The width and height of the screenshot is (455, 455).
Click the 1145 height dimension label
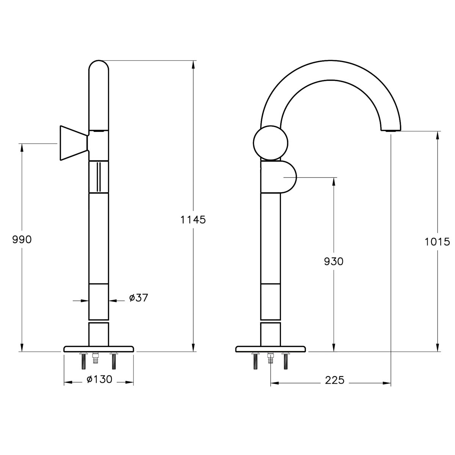point(193,220)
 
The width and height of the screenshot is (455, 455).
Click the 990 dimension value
point(22,240)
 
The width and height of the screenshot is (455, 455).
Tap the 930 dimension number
point(334,261)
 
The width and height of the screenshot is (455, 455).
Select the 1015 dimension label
point(437,242)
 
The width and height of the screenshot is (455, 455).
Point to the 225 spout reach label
point(335,380)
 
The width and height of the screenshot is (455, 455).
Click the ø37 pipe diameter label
point(138,298)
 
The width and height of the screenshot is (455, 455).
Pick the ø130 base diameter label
point(99,379)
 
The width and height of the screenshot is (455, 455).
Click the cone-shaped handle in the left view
point(74,143)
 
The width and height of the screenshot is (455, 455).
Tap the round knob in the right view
point(271,143)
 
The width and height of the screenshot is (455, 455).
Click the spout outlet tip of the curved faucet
point(391,130)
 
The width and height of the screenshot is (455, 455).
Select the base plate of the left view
point(99,349)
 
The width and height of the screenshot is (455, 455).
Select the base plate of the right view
point(271,349)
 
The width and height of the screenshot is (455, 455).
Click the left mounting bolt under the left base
point(83,361)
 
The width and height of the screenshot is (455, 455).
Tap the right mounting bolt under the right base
point(286,361)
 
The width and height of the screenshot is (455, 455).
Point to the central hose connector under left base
point(96,358)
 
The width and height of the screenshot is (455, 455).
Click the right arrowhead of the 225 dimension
point(387,383)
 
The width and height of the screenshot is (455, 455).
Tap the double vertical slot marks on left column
point(99,177)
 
